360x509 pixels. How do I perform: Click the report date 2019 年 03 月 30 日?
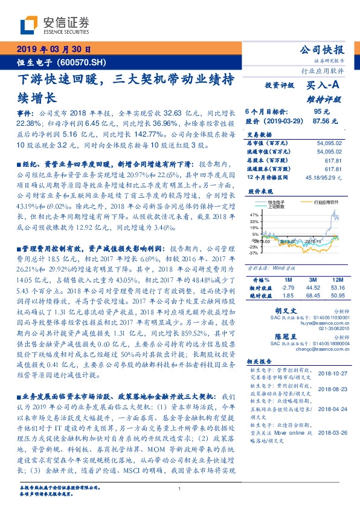[x=54, y=50]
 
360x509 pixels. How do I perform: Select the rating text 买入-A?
[x=324, y=86]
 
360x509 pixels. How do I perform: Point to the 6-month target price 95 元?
[x=321, y=112]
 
